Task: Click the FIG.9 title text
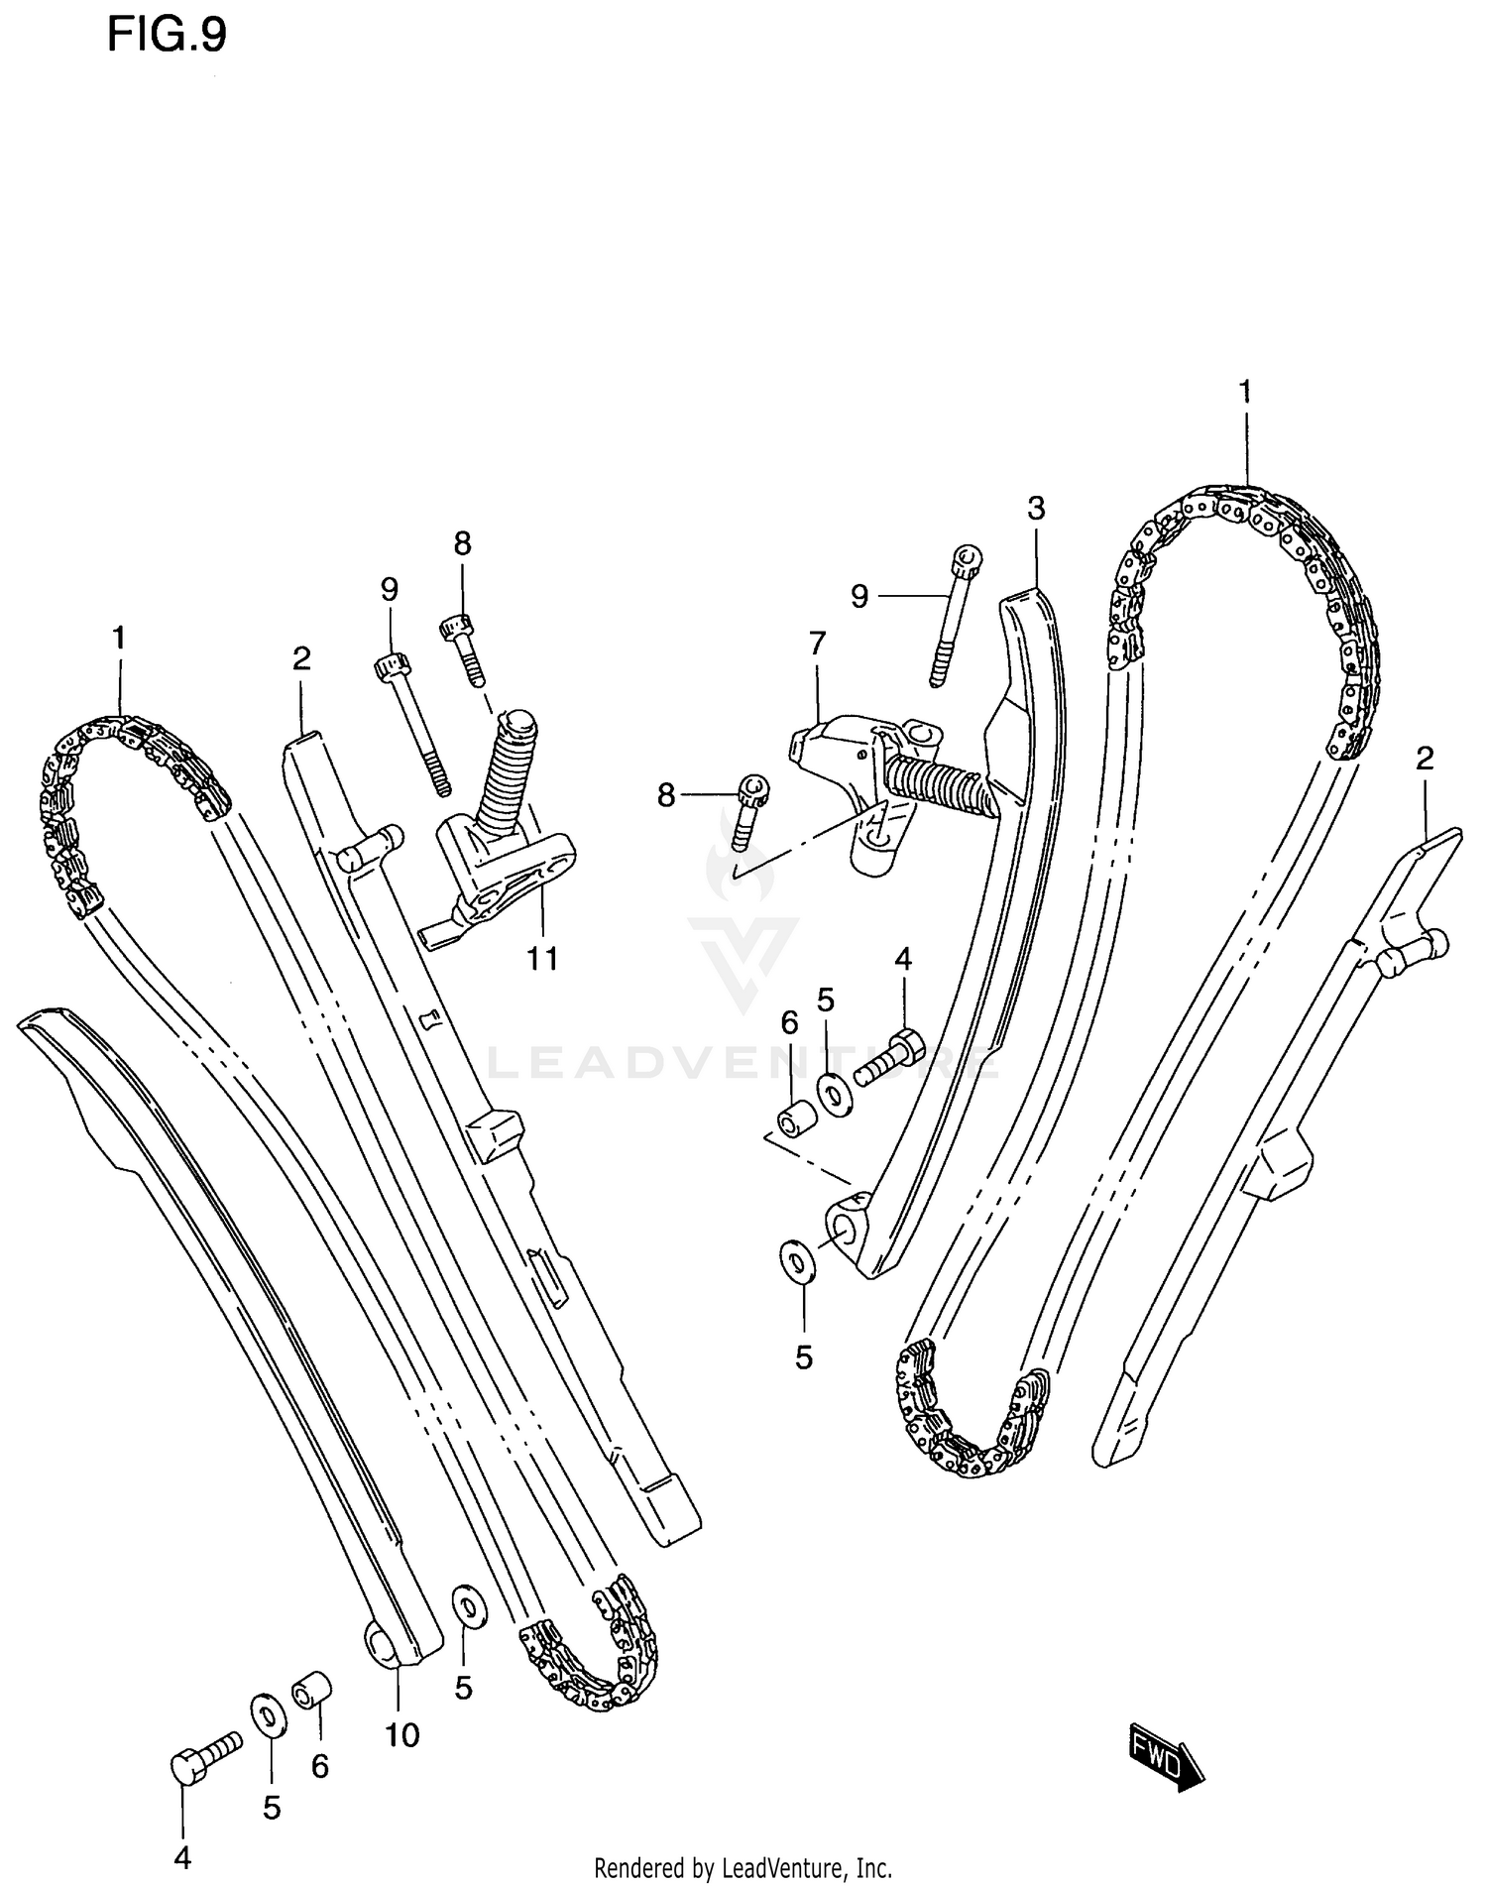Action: (167, 35)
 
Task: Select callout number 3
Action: (1036, 510)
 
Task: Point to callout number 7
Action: (817, 645)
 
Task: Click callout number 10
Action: (403, 1734)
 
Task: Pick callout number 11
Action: (542, 958)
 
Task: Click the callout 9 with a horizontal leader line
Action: (859, 596)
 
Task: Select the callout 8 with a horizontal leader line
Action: (666, 794)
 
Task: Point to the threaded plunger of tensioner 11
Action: (506, 763)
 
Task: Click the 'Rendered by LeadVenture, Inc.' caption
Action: (743, 1868)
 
